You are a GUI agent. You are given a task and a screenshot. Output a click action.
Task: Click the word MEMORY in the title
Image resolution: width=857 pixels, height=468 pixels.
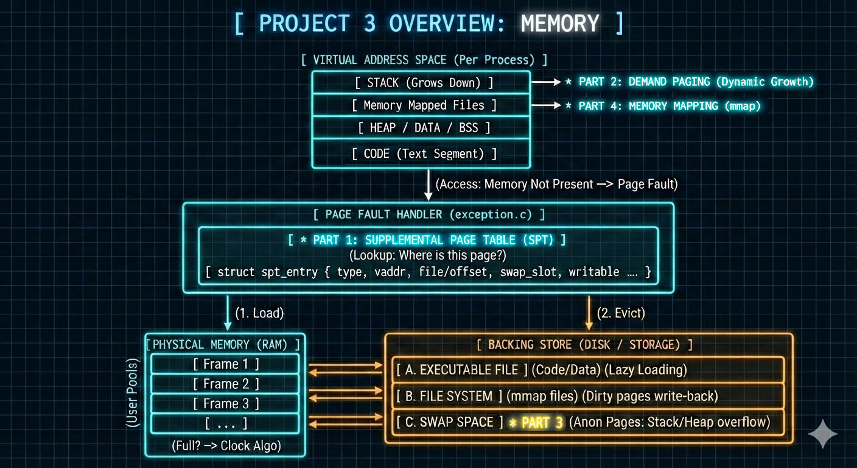560,24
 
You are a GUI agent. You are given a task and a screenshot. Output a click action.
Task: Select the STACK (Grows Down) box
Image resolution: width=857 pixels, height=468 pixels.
421,82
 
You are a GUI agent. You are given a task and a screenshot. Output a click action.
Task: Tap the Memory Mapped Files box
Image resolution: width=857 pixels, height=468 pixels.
421,105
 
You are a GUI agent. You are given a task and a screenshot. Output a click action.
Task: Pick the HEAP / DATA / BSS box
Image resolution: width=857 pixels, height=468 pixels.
421,128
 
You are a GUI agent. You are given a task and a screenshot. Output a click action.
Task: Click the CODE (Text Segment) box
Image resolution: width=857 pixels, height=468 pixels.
421,154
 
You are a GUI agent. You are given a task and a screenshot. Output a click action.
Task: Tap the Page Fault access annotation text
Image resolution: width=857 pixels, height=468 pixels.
557,183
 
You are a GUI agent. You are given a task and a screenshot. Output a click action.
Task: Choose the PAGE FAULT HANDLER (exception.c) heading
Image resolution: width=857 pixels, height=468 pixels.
428,214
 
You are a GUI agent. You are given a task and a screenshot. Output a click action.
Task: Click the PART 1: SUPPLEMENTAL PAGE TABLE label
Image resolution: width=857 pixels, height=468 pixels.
429,239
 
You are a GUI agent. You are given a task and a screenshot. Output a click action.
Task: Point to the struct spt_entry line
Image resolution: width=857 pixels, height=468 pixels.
428,272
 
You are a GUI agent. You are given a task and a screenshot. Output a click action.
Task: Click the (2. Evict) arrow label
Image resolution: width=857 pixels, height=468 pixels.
621,313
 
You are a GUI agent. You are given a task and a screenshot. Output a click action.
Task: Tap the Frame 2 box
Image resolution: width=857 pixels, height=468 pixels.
225,384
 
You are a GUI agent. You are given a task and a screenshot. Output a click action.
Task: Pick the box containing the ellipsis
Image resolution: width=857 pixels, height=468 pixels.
225,423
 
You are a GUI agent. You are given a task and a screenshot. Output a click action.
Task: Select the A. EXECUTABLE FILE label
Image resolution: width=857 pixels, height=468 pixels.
458,369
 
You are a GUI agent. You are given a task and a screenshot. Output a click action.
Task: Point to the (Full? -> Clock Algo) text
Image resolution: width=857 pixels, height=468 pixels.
226,445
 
